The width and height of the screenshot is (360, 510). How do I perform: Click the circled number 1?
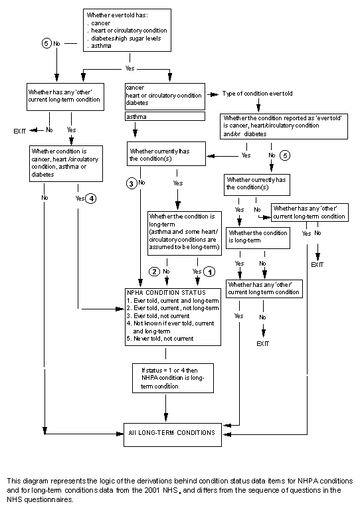209,272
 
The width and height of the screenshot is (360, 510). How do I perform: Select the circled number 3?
132,183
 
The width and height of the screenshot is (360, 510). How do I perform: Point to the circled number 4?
91,198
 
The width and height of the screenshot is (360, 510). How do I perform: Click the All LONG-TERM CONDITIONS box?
171,432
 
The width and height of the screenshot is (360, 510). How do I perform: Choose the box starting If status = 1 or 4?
172,377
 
